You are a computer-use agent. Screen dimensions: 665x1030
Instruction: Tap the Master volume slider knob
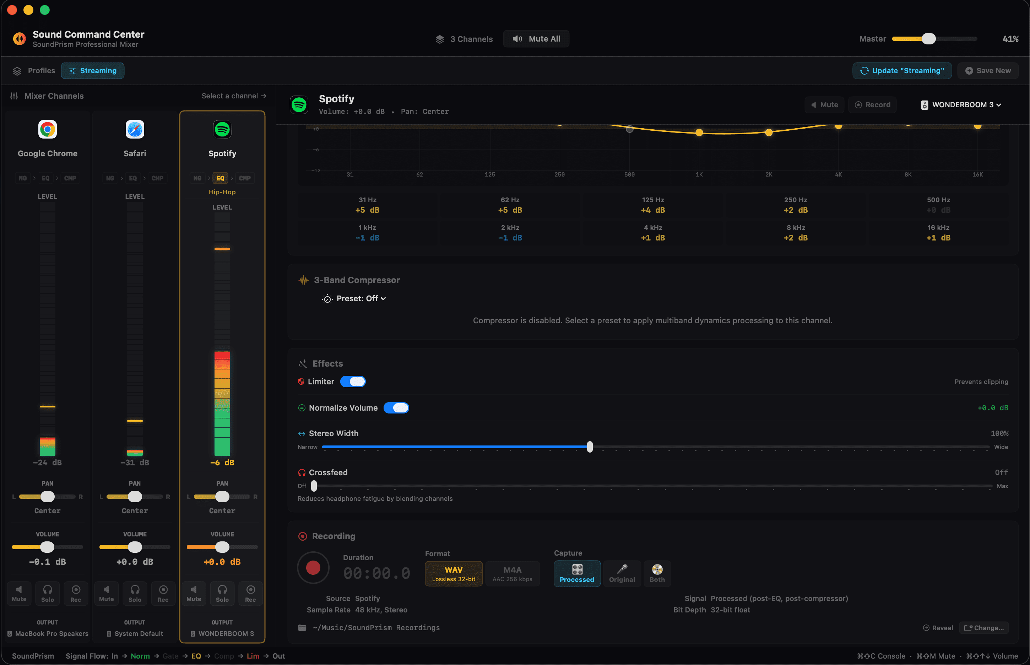point(928,39)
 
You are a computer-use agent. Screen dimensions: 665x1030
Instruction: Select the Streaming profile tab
point(92,71)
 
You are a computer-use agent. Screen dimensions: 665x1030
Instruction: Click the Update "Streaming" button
point(902,71)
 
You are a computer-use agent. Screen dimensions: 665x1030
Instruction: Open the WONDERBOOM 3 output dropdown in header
point(961,105)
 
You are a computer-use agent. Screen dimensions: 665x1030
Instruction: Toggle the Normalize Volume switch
point(396,408)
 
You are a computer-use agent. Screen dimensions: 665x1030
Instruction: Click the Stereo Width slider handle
point(590,447)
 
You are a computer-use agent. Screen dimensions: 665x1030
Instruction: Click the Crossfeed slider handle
point(314,486)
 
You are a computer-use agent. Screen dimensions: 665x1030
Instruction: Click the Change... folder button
point(984,628)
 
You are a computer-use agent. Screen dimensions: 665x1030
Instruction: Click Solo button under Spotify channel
point(222,593)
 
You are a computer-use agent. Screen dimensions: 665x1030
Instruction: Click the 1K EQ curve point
point(699,133)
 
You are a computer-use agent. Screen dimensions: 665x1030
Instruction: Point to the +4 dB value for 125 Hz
point(653,210)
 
